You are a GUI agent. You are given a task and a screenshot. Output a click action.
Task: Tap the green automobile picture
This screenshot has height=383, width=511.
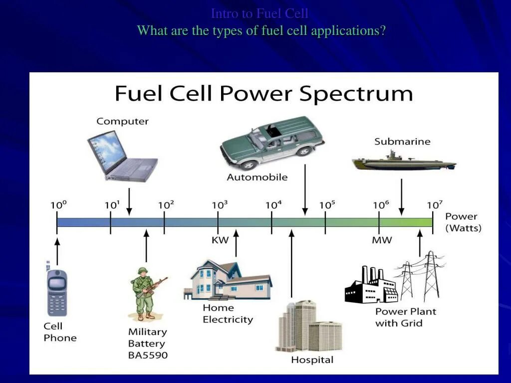(272, 142)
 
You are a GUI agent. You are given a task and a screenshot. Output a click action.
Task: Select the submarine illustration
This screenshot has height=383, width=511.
(403, 161)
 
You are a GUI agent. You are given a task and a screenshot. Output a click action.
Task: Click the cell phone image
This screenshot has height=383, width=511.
(57, 292)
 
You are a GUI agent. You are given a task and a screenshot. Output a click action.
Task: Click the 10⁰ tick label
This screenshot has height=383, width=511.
(58, 205)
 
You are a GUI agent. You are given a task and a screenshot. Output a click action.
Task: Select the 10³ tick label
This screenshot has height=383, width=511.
(220, 205)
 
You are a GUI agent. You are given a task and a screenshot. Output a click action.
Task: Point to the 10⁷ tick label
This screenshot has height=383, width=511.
(434, 205)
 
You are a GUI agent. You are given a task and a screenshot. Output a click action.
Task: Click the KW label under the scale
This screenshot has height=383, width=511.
(220, 240)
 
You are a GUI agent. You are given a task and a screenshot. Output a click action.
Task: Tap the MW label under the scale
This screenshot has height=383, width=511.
(382, 240)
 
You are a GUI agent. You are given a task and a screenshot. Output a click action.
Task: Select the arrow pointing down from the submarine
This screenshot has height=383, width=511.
(402, 197)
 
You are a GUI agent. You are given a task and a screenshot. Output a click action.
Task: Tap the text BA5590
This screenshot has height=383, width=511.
(148, 356)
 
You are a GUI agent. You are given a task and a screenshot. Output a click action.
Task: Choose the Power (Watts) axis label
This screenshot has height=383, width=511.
(463, 222)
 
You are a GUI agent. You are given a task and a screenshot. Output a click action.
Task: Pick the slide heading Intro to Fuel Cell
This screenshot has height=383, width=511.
(259, 13)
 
